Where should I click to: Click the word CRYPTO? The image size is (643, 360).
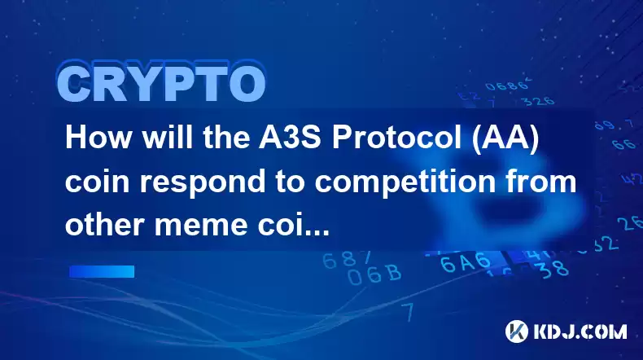coord(162,82)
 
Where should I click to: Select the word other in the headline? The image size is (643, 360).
coord(104,225)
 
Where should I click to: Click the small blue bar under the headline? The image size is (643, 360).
coord(102,271)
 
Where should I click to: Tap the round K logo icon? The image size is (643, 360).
coord(516,331)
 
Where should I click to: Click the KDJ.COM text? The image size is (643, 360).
coord(580,331)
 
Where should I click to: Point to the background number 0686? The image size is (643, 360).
coord(507,85)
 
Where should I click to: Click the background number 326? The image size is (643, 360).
coord(540,101)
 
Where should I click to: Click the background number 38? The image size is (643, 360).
coord(553,270)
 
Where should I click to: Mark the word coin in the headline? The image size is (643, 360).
coord(98,181)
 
